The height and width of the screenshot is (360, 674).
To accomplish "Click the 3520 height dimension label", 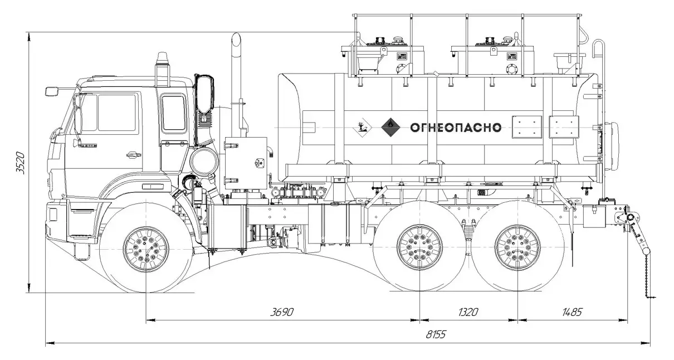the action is click(x=21, y=163).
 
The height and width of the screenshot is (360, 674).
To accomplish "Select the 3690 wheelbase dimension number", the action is click(x=282, y=312).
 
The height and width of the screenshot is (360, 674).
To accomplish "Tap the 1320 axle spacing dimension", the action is click(x=468, y=312).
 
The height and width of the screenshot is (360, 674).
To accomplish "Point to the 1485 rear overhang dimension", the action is click(x=572, y=312).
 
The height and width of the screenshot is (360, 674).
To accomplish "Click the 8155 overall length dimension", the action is click(x=436, y=334).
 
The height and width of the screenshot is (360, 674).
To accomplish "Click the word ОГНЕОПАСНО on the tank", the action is click(x=456, y=128).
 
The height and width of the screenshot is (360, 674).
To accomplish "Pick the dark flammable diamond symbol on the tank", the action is click(x=390, y=127).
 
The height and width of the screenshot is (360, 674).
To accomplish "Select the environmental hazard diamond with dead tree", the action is click(x=362, y=127).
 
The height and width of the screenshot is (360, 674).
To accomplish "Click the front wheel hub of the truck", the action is click(x=146, y=250).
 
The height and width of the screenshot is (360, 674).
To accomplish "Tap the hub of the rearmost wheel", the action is click(x=518, y=247).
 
